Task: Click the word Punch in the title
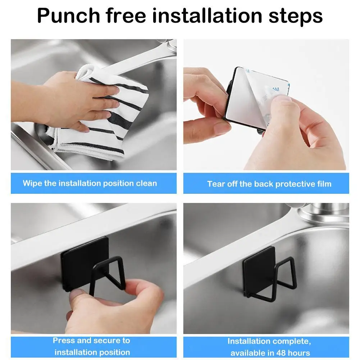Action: point(68,15)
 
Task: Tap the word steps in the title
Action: point(296,17)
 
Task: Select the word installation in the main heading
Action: point(207,15)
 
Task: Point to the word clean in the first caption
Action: point(146,183)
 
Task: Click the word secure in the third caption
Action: point(108,341)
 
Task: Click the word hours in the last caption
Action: point(298,353)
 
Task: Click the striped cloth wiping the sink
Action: point(99,115)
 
